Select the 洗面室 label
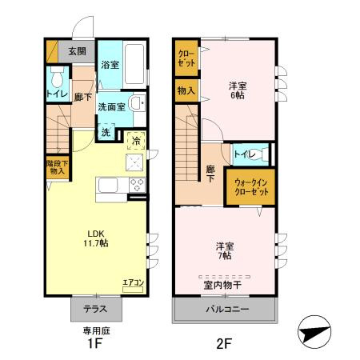[110, 106]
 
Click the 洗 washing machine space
[106, 133]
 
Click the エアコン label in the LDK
[132, 282]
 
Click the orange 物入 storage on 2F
[186, 91]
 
